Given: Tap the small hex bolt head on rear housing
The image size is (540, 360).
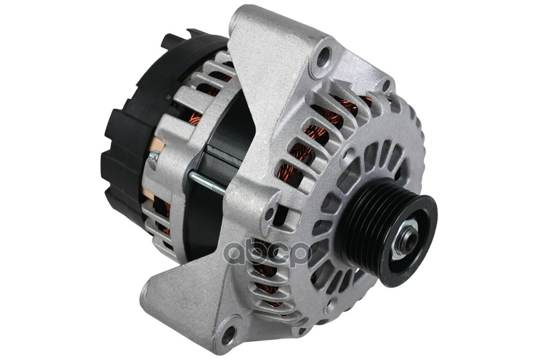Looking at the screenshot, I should point(154,157).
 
